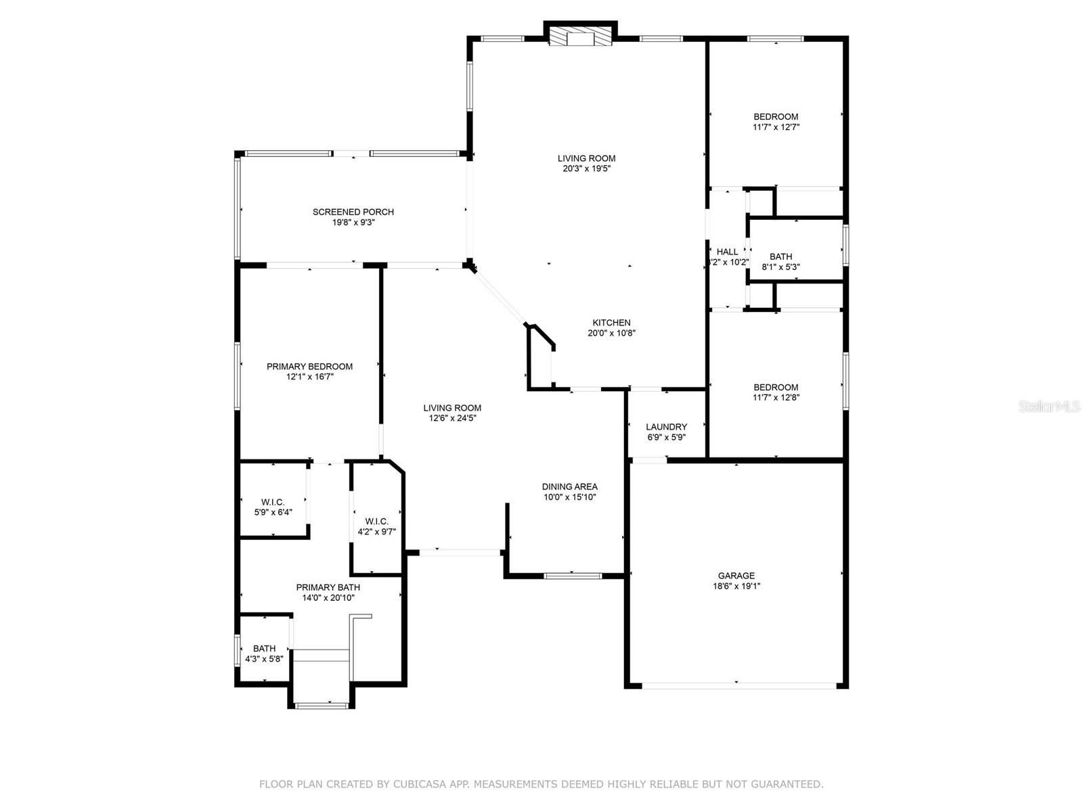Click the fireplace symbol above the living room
click(x=580, y=37)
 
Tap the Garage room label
click(x=736, y=576)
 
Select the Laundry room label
click(x=666, y=427)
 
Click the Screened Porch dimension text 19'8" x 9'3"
click(x=353, y=222)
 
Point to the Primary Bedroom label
click(x=309, y=367)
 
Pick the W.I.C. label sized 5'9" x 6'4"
click(x=273, y=502)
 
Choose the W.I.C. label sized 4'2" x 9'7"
click(x=376, y=521)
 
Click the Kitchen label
click(x=611, y=323)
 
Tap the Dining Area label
click(x=569, y=487)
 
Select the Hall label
click(x=728, y=252)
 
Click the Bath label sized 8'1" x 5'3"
click(x=780, y=256)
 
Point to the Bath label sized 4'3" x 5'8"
click(x=264, y=648)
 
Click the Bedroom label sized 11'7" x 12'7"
click(x=776, y=116)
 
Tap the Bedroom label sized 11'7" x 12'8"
click(x=776, y=388)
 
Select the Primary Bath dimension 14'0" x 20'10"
click(x=328, y=597)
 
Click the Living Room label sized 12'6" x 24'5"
click(x=452, y=408)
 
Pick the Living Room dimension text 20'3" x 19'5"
click(x=586, y=168)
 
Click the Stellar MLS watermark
click(x=1050, y=407)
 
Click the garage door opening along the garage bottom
click(x=736, y=685)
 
